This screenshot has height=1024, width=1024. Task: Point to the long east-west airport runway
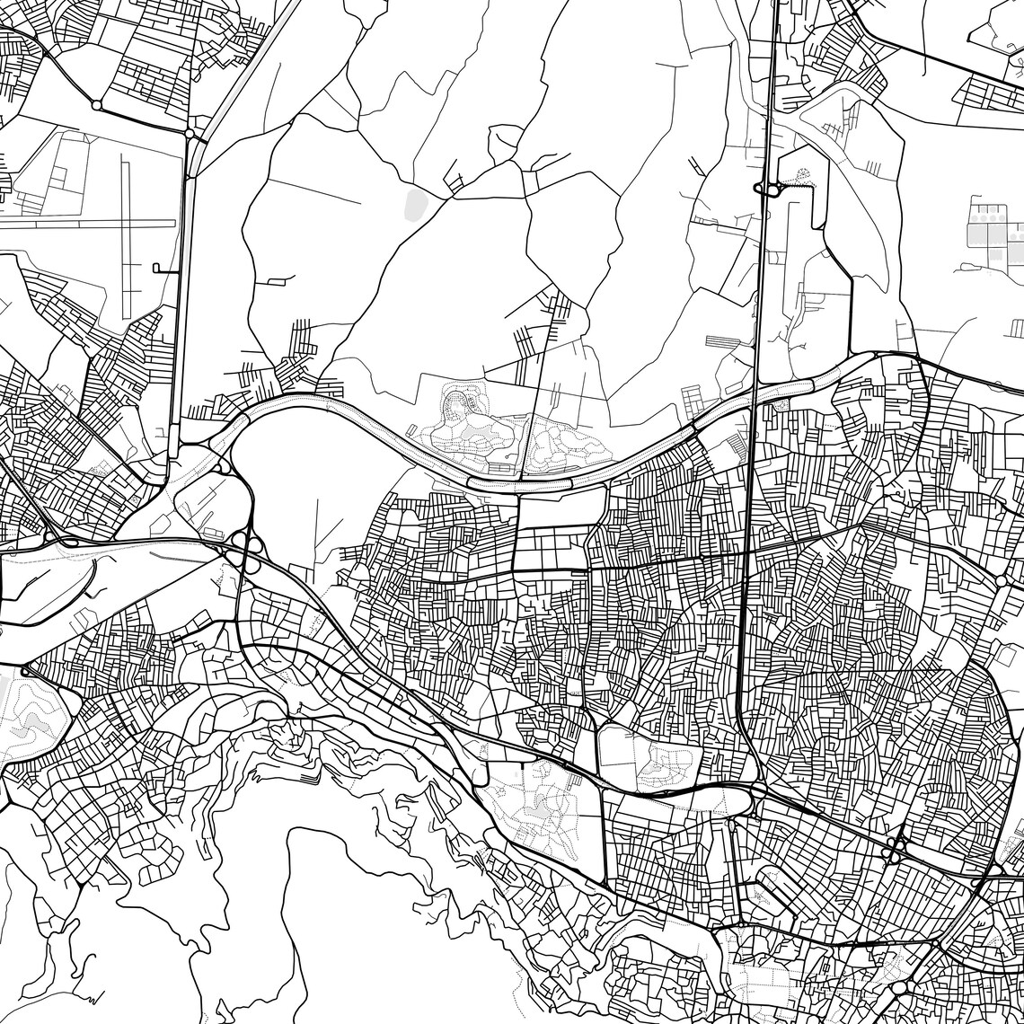click(x=81, y=222)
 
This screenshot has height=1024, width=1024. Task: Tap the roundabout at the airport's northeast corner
click(x=190, y=134)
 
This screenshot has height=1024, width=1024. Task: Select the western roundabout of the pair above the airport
click(x=96, y=105)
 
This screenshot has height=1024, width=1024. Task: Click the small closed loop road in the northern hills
click(x=505, y=144)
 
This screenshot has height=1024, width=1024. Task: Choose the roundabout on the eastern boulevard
click(x=1002, y=581)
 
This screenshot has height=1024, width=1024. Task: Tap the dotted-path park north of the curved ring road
click(x=476, y=431)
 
